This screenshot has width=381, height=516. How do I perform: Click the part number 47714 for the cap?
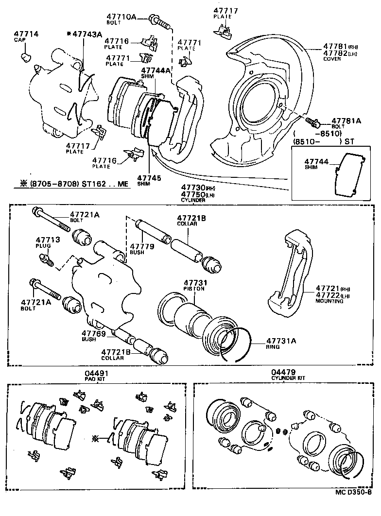(26, 34)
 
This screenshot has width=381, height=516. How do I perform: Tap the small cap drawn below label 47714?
(25, 58)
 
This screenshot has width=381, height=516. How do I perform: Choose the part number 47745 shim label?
(149, 178)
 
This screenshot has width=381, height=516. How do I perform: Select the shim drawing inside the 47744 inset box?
(347, 173)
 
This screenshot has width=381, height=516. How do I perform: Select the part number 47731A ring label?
(281, 341)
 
